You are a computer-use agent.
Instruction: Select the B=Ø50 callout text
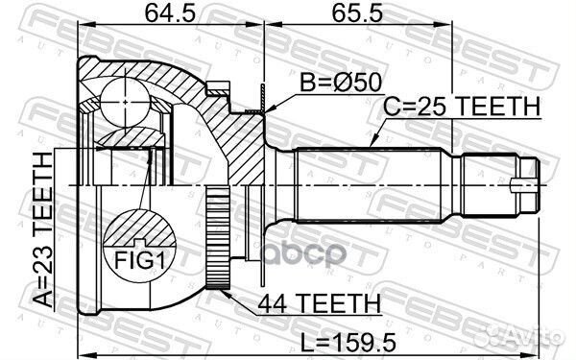click(x=341, y=83)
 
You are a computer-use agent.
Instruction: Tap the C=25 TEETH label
click(x=462, y=107)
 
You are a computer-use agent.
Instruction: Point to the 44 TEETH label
click(x=319, y=303)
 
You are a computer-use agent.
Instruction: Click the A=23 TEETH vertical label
click(x=43, y=230)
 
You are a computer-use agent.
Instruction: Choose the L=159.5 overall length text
click(x=348, y=343)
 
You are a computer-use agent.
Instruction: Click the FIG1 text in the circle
click(x=139, y=261)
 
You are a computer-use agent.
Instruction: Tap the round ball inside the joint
click(x=125, y=102)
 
